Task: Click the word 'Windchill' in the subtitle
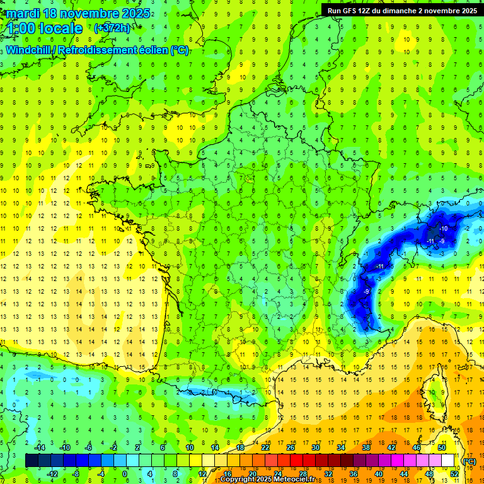click(x=32, y=50)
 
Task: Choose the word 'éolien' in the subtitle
click(x=151, y=50)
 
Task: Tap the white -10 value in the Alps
click(x=444, y=228)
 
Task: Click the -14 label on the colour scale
click(x=40, y=447)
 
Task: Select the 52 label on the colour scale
click(x=454, y=473)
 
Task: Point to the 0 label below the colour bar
click(x=125, y=473)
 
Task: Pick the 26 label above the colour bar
click(x=291, y=447)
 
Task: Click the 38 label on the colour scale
click(x=366, y=447)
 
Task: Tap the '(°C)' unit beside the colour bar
click(x=470, y=461)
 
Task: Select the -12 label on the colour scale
click(x=53, y=473)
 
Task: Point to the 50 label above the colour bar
click(x=442, y=447)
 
